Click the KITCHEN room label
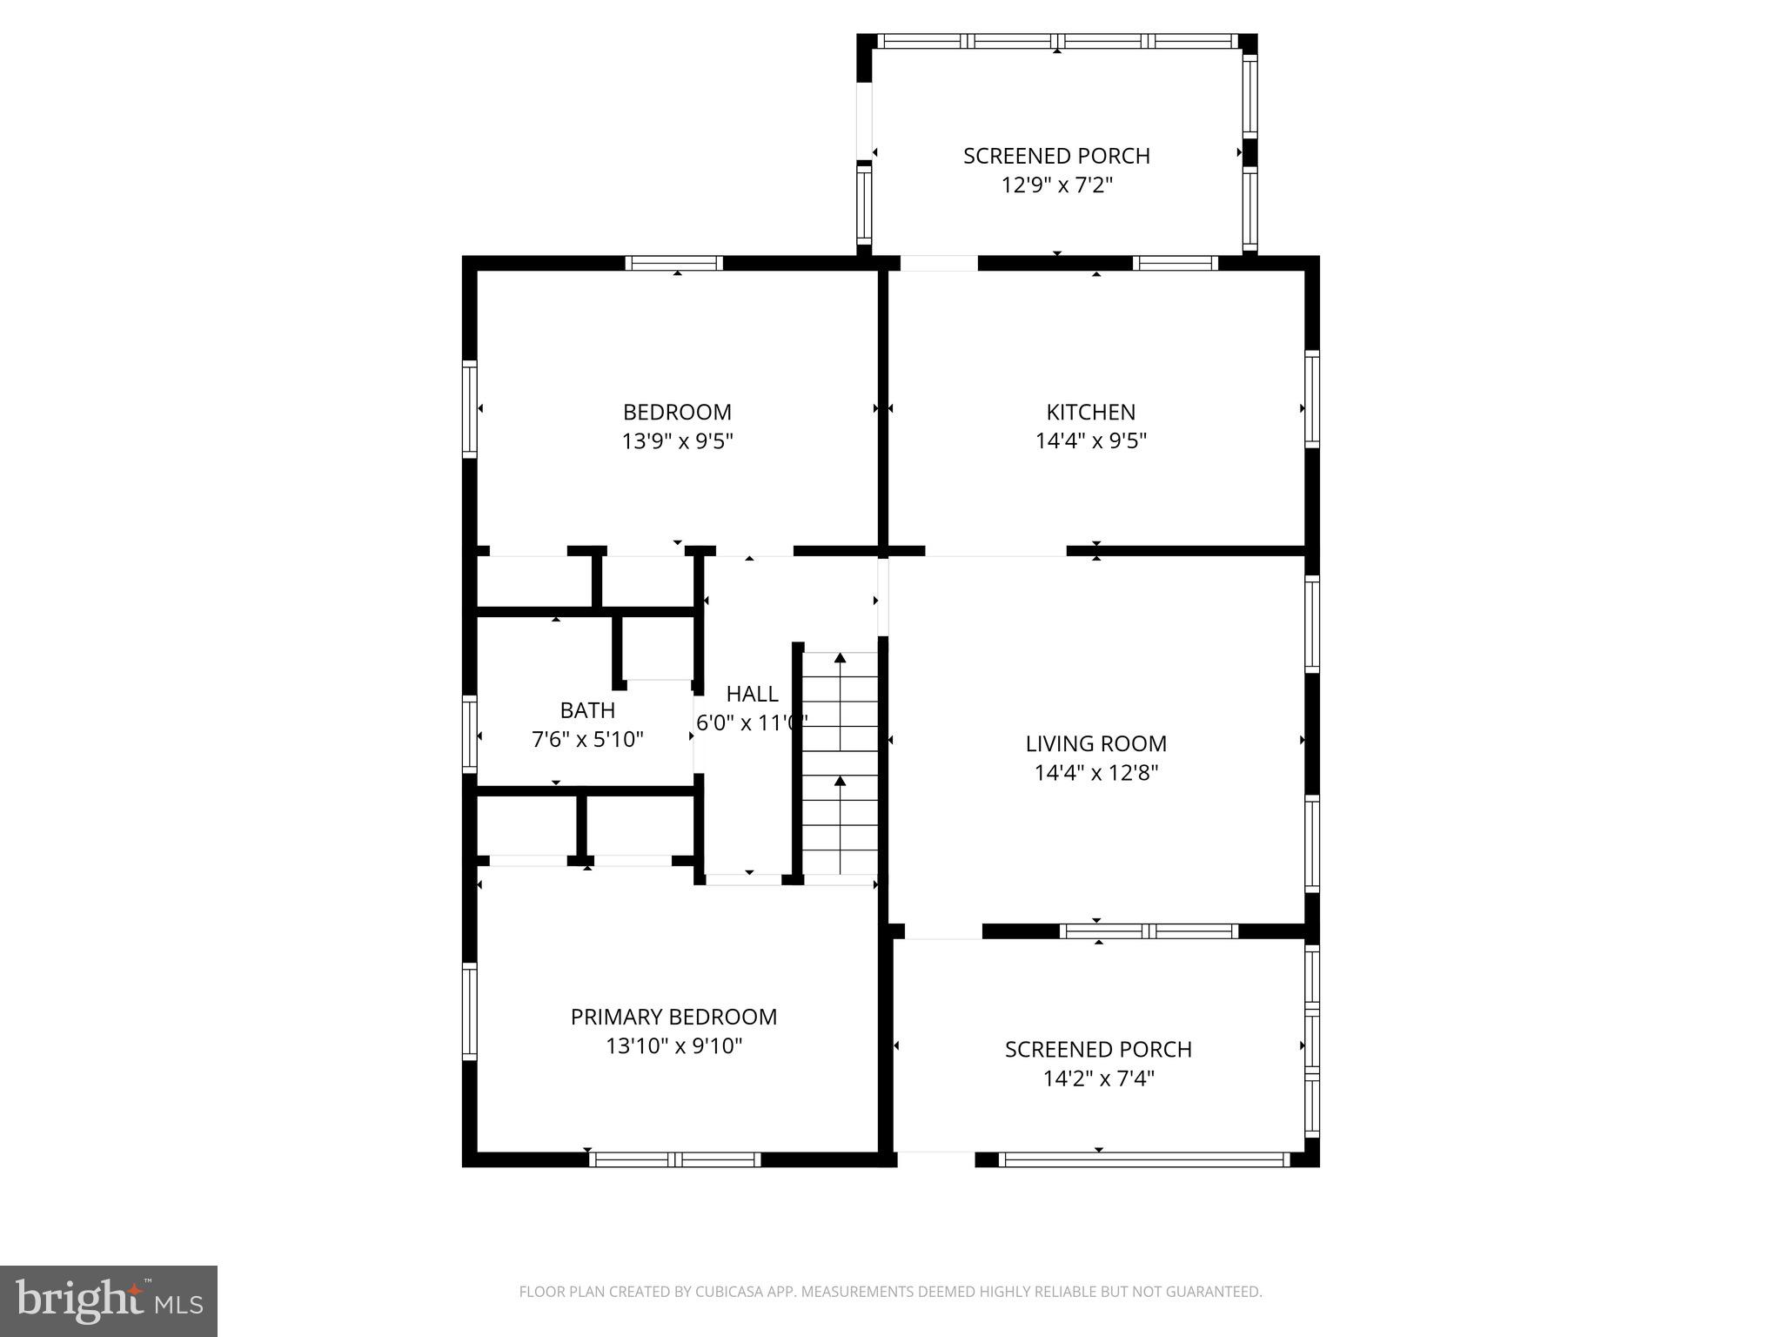click(x=1090, y=412)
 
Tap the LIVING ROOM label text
click(x=1095, y=743)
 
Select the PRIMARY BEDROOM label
click(x=673, y=1017)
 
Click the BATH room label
click(x=587, y=710)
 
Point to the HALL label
click(x=752, y=694)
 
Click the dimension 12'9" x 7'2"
click(x=1057, y=185)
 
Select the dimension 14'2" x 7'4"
click(x=1098, y=1079)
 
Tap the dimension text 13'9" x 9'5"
click(x=677, y=441)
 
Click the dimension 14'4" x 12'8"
click(x=1095, y=773)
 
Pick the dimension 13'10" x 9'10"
click(x=673, y=1046)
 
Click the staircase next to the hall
click(x=840, y=763)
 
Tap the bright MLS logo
click(x=108, y=1300)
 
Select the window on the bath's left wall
click(x=470, y=734)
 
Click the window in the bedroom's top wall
click(x=674, y=263)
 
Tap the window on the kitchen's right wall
click(x=1312, y=400)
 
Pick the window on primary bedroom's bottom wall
click(x=674, y=1159)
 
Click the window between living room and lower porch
click(x=1149, y=931)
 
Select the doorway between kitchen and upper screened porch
click(x=939, y=263)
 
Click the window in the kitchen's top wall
click(x=1175, y=263)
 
